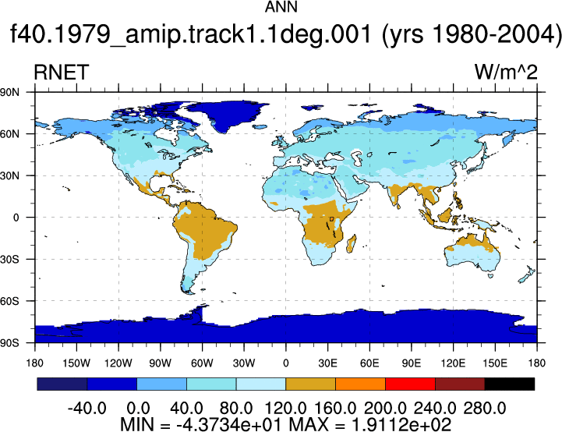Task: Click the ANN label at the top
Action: (x=281, y=7)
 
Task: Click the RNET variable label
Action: (x=61, y=72)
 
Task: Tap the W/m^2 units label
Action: (x=506, y=72)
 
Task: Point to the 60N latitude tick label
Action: (x=9, y=134)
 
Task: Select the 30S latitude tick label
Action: (x=9, y=259)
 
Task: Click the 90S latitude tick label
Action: (x=9, y=343)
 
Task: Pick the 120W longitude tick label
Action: (x=118, y=363)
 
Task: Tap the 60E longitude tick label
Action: (x=369, y=363)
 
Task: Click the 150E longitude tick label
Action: (x=495, y=363)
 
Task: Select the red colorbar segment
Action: (x=410, y=384)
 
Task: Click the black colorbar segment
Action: (x=509, y=384)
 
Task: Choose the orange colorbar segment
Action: (x=360, y=384)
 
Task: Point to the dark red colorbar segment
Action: (x=460, y=384)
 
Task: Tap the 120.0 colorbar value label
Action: (x=285, y=408)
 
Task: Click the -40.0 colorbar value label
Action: (x=87, y=408)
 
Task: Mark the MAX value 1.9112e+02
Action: (x=401, y=424)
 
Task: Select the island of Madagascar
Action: (x=352, y=244)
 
